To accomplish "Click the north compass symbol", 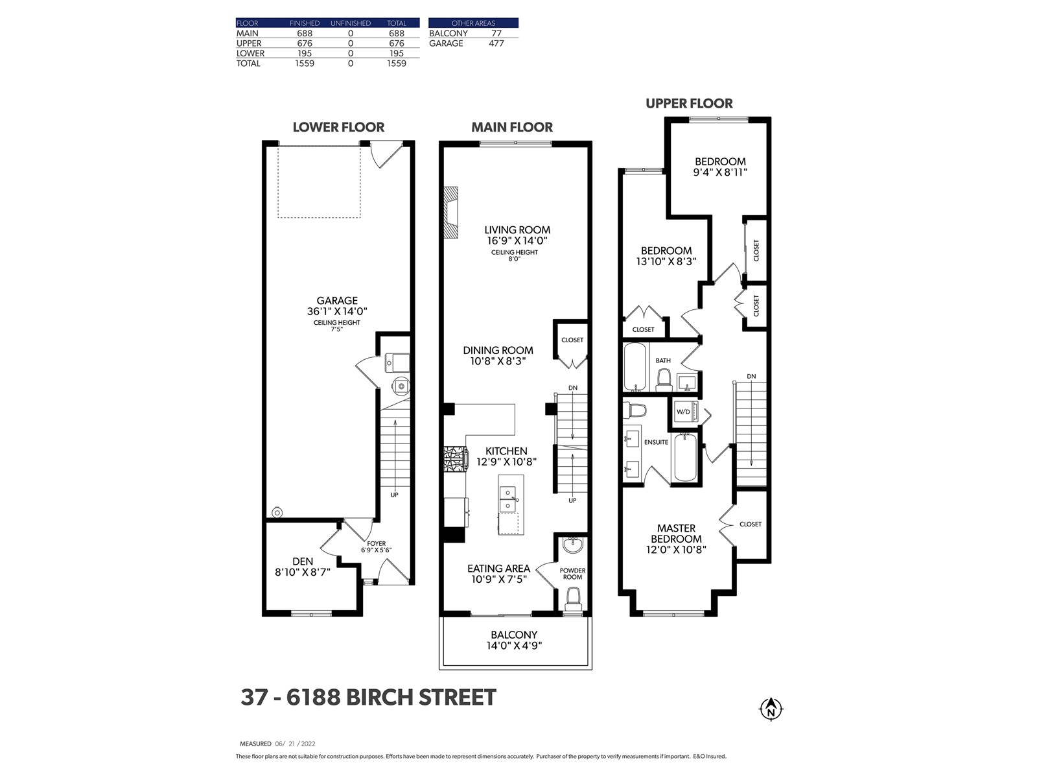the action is [x=771, y=709].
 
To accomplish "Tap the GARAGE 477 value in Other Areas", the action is [x=496, y=43].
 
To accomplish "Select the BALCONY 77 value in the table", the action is [x=496, y=34].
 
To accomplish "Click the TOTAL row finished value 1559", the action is [x=305, y=64].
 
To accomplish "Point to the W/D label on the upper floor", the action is [x=683, y=412].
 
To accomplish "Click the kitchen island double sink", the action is [x=508, y=500].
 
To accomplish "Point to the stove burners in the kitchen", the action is [x=455, y=458].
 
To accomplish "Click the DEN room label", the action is [x=303, y=561].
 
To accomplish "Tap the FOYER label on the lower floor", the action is [x=377, y=543].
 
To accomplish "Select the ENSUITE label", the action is [x=656, y=442].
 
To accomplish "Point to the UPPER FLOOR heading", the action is [x=690, y=104].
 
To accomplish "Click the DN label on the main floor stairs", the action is [x=573, y=388].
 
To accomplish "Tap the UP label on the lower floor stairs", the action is [x=395, y=495].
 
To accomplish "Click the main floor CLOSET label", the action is [x=572, y=340].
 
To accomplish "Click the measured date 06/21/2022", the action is [x=296, y=744].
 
